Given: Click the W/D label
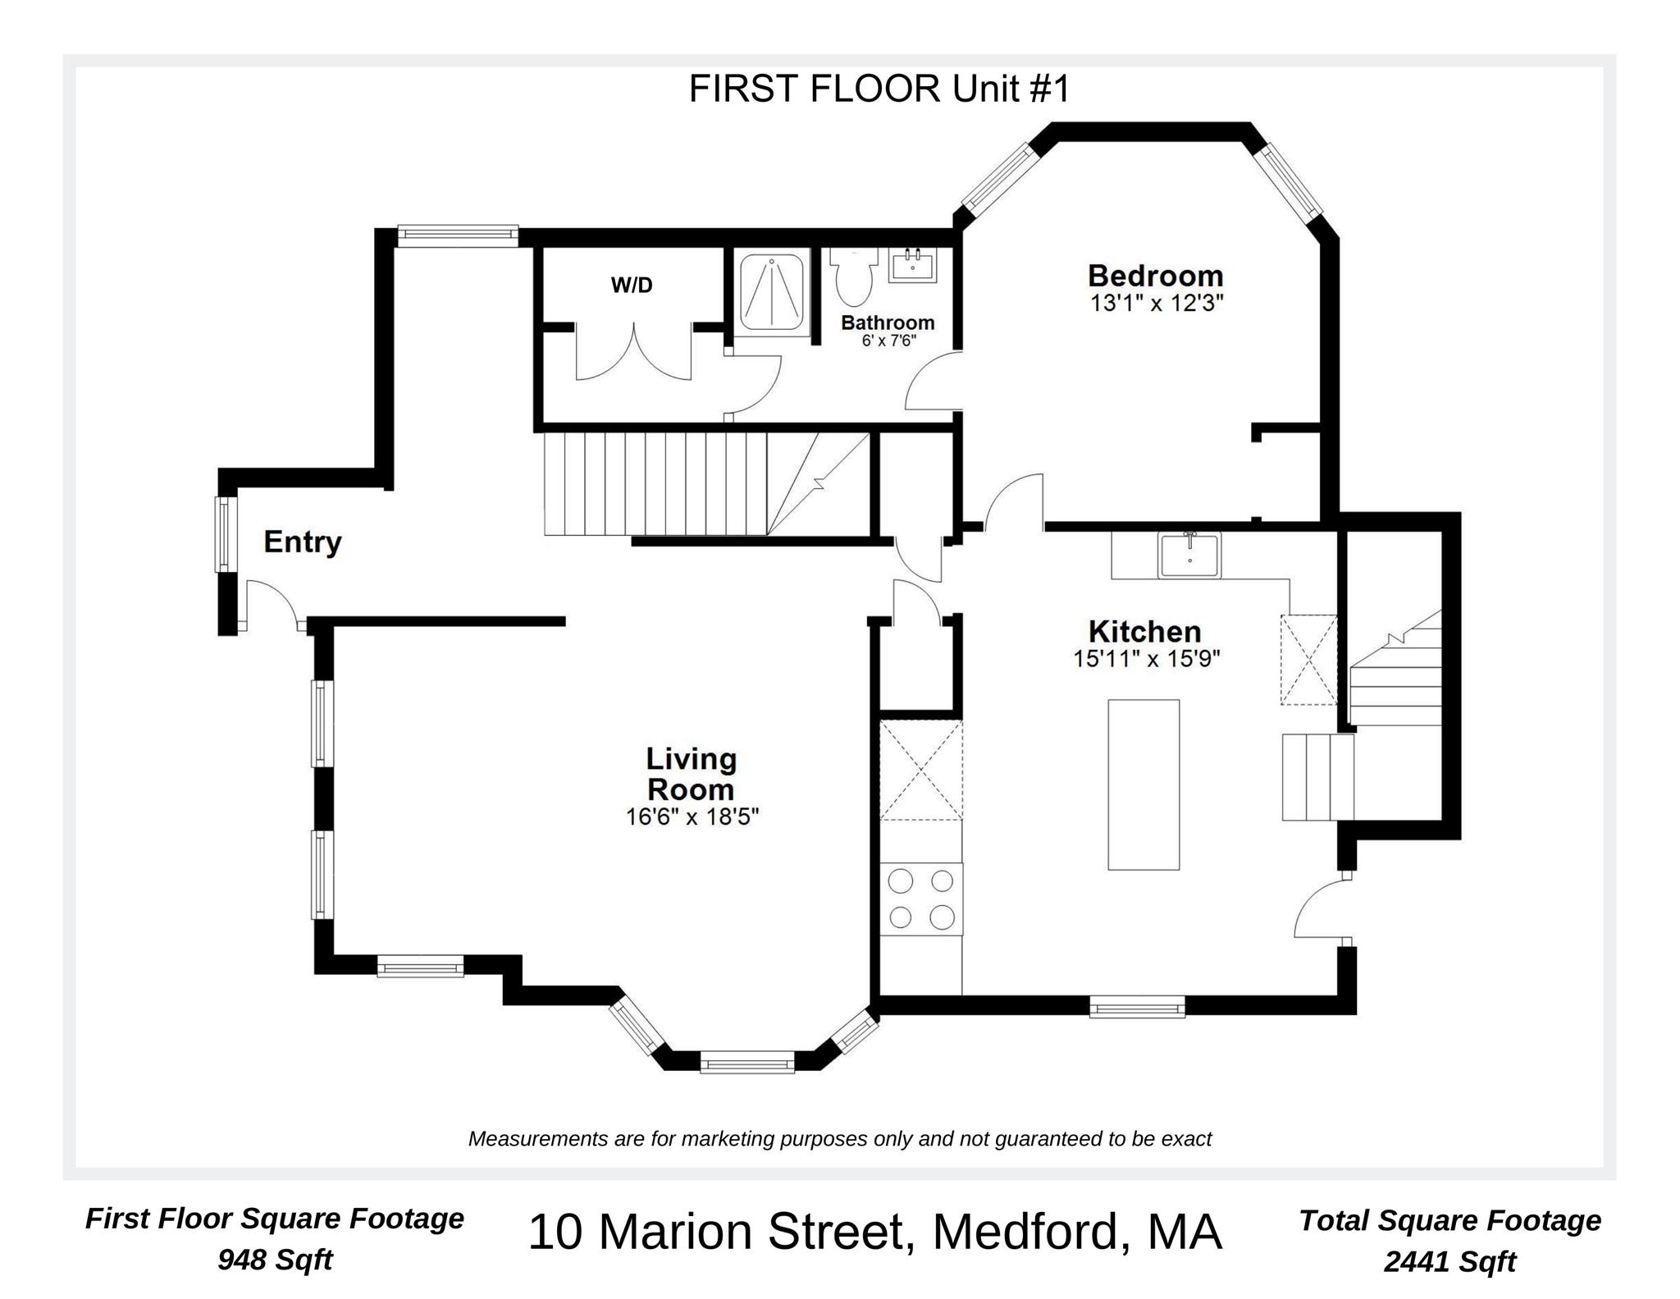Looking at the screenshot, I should pyautogui.click(x=632, y=286).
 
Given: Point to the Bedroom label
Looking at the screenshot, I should pyautogui.click(x=1155, y=275).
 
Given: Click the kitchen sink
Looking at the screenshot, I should pyautogui.click(x=1189, y=555).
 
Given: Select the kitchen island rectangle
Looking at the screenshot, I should pyautogui.click(x=1143, y=784).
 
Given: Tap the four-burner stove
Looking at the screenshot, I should pyautogui.click(x=921, y=899).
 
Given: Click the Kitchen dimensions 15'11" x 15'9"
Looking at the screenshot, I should pyautogui.click(x=1147, y=659).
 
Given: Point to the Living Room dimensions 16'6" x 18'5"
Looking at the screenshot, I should pyautogui.click(x=692, y=817).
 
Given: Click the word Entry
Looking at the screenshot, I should pyautogui.click(x=302, y=542).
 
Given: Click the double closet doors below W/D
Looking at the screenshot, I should pyautogui.click(x=633, y=353).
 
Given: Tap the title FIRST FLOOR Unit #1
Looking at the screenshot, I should pyautogui.click(x=879, y=89).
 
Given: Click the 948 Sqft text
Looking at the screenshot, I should pyautogui.click(x=275, y=1259).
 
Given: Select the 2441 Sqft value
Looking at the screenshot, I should pyautogui.click(x=1449, y=1261).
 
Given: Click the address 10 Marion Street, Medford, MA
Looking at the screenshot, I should pyautogui.click(x=874, y=1233).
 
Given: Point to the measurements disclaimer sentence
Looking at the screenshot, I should pyautogui.click(x=839, y=1139).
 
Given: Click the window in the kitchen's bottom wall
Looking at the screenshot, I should pyautogui.click(x=1136, y=1006).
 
